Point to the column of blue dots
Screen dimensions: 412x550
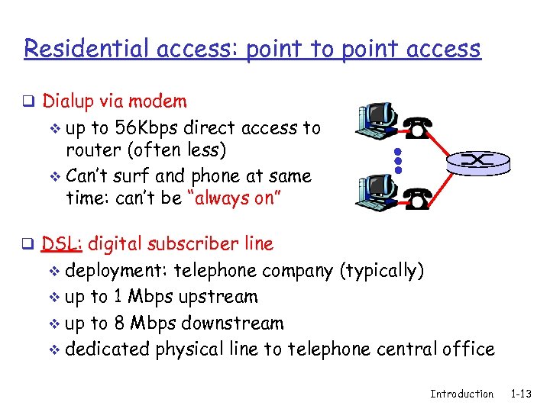(397, 159)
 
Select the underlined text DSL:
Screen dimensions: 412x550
(64, 244)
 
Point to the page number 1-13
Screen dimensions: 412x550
(522, 394)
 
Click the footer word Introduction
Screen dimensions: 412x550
(461, 394)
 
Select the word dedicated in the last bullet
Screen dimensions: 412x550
(108, 349)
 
